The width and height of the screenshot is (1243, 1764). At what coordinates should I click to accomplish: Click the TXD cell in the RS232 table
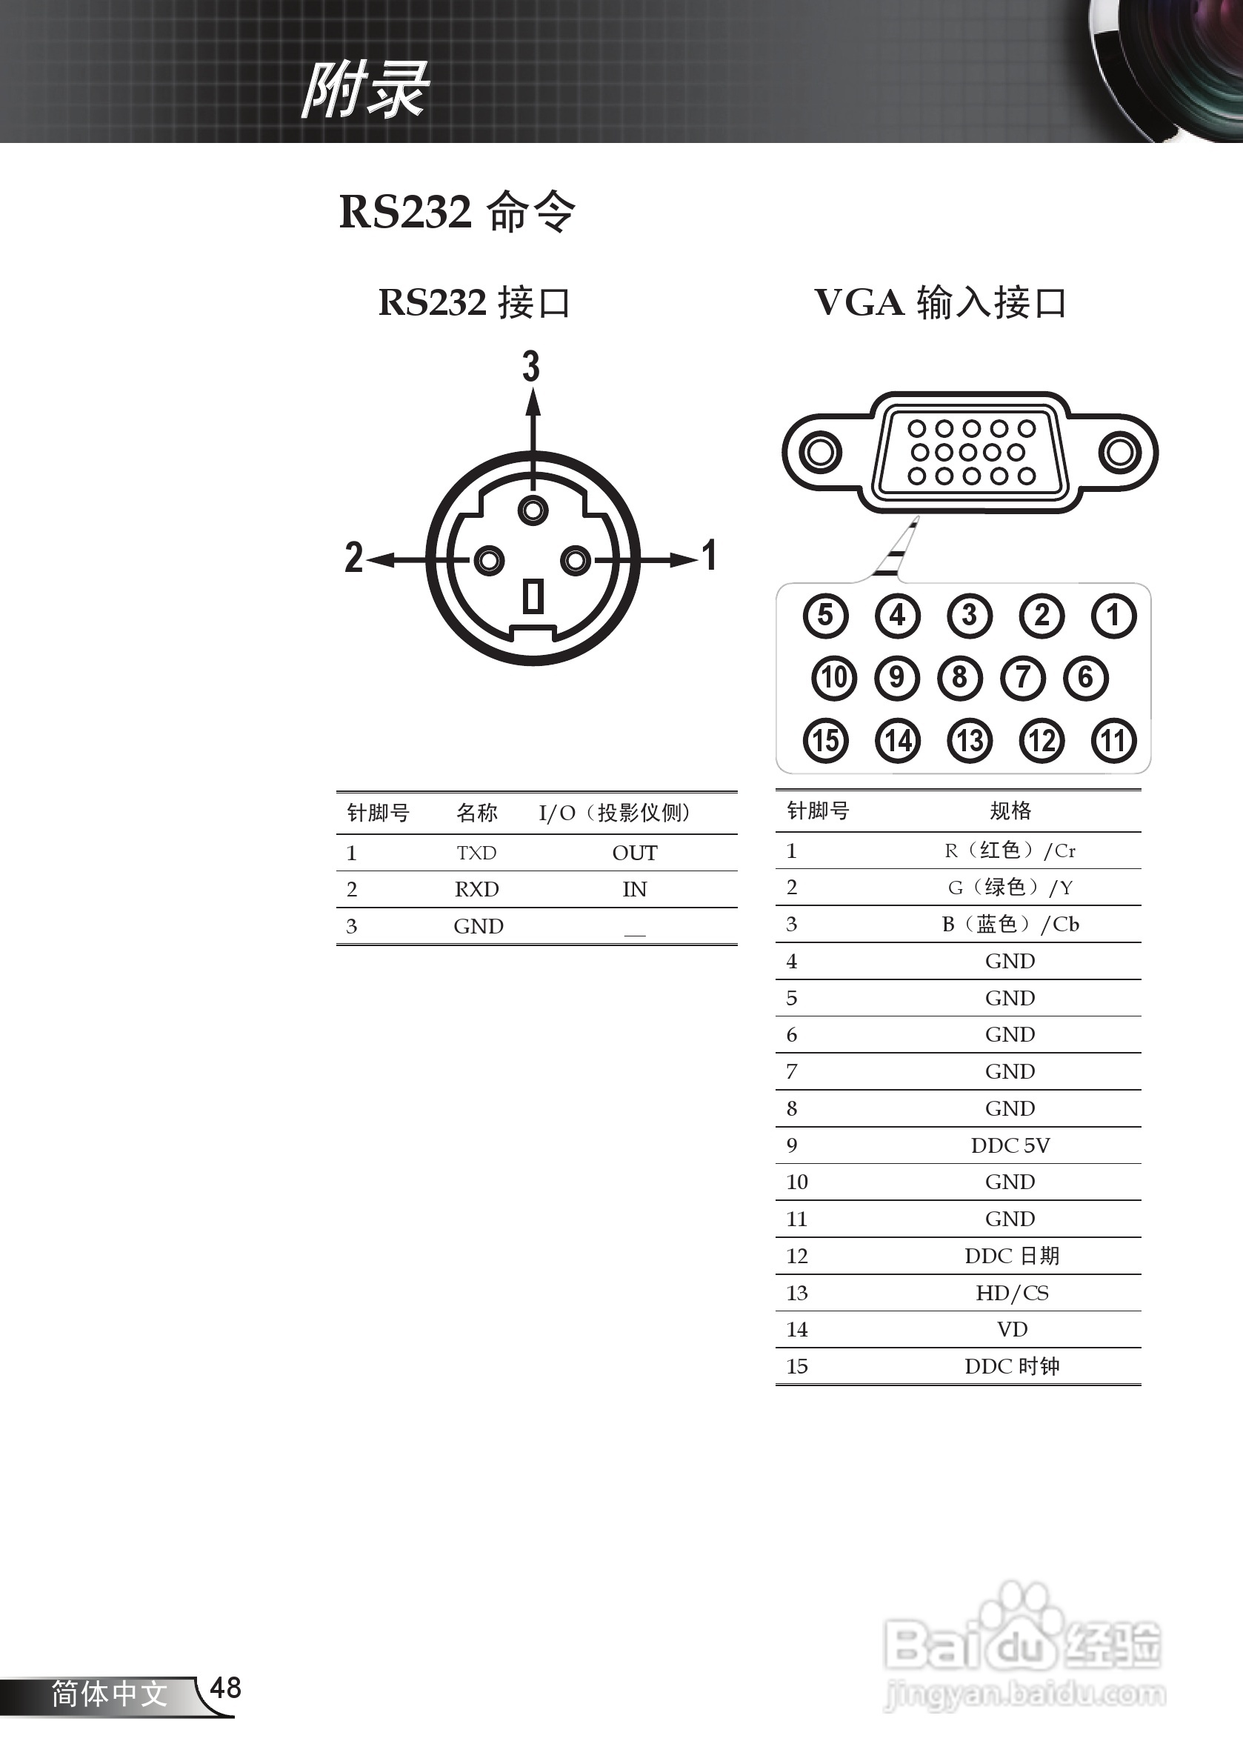pos(476,853)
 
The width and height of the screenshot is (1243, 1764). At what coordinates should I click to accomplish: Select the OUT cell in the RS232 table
pos(635,853)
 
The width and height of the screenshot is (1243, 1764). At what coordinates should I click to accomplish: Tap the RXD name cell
pos(476,890)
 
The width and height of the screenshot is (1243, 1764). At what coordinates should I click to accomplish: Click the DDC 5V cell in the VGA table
pos(1010,1145)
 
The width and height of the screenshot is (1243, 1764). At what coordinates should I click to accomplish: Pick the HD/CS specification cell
pos(1012,1293)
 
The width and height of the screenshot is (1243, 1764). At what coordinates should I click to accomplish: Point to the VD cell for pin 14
pos(1012,1329)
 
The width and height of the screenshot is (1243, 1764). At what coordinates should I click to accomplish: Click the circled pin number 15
pos(826,741)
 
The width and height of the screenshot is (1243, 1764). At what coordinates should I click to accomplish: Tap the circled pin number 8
pos(959,678)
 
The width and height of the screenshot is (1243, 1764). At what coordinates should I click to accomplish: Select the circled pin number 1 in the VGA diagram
pos(1113,616)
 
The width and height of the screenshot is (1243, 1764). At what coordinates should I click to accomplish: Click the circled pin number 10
pos(833,678)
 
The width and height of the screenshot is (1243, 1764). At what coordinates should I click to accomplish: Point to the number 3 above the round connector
pos(531,366)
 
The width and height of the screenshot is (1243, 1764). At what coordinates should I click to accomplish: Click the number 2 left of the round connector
pos(353,557)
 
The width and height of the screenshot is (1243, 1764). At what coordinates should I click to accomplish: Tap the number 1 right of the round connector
pos(710,556)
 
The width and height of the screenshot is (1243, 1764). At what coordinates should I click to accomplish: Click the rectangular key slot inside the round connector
pos(533,596)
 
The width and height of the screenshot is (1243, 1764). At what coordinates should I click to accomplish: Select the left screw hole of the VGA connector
pos(821,452)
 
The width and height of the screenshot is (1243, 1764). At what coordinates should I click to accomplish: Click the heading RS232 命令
pos(457,212)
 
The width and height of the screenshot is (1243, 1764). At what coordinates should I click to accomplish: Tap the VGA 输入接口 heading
pos(939,303)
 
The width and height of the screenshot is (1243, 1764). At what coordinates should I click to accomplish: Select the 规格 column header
pos(1010,811)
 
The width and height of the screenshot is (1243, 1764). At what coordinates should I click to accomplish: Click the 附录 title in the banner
pos(365,90)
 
